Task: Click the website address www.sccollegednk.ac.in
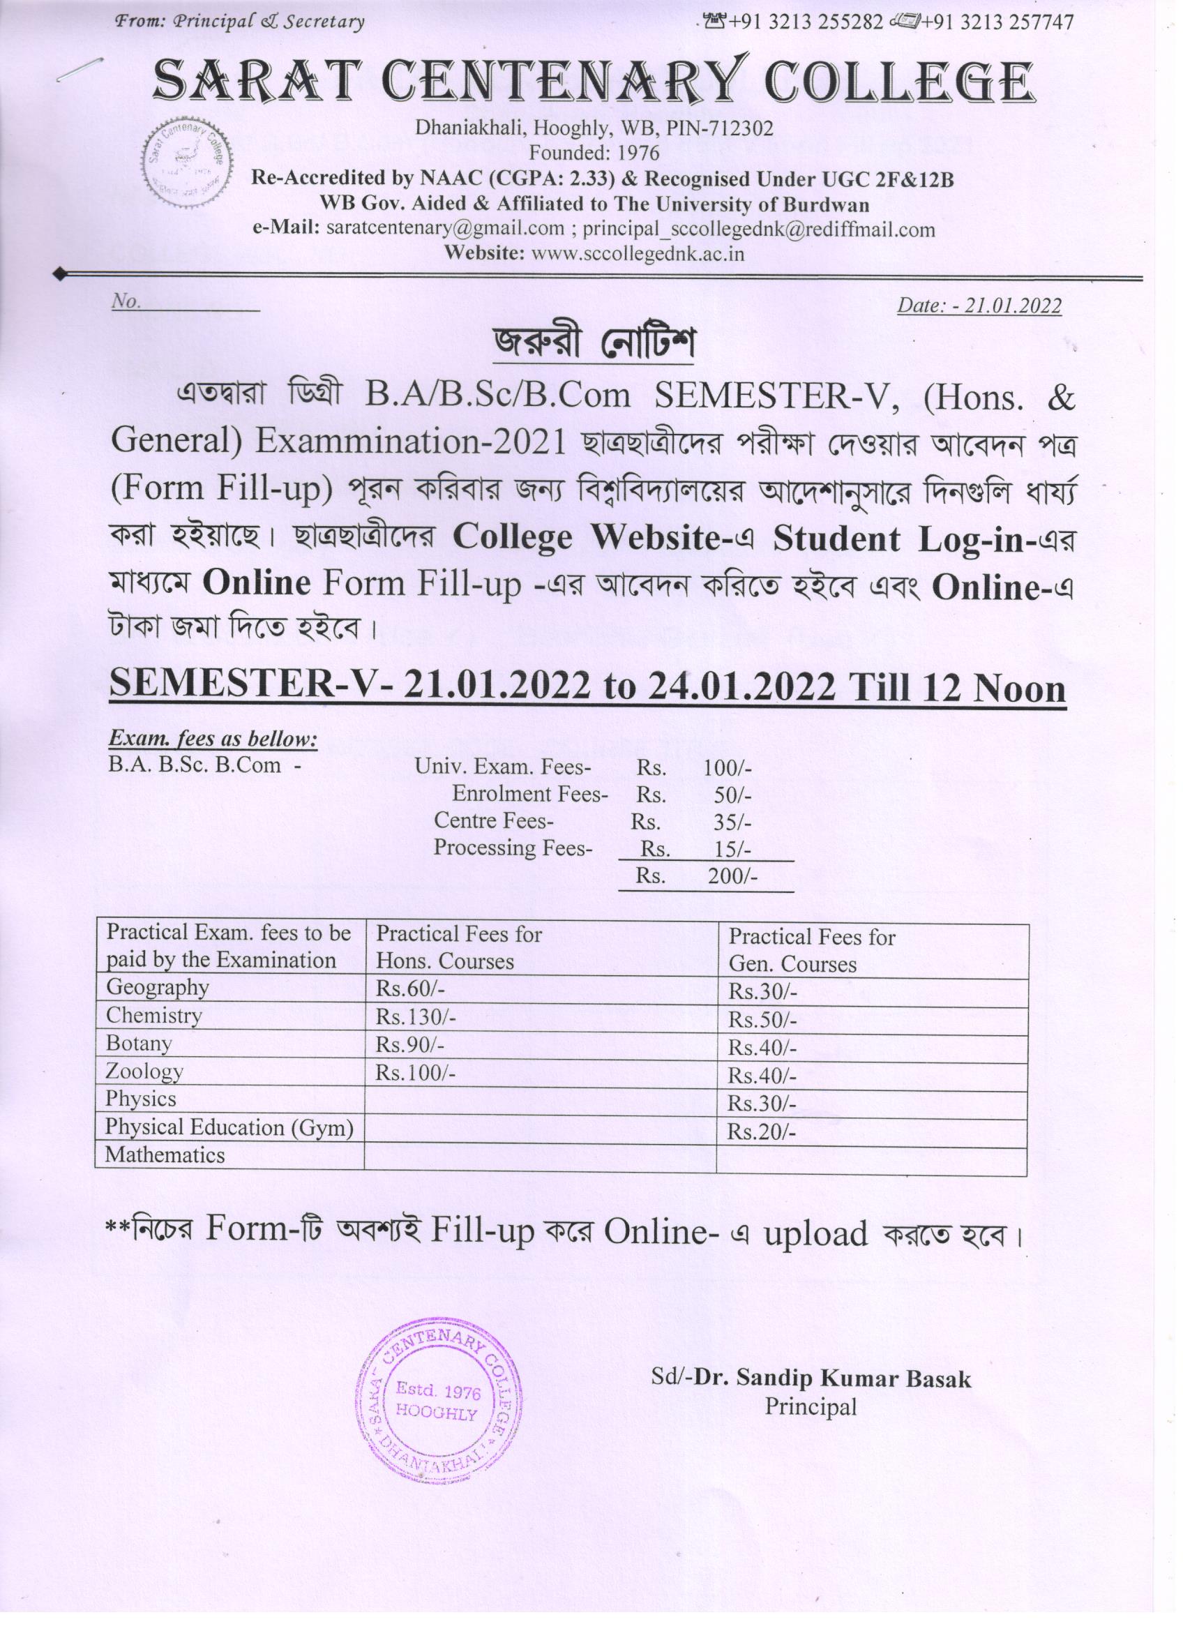click(x=636, y=254)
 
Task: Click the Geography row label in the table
click(x=158, y=987)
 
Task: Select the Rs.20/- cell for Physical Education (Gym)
click(x=762, y=1132)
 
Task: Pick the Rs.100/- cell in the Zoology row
click(x=416, y=1074)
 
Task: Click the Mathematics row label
click(x=165, y=1155)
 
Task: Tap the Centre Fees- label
click(x=493, y=820)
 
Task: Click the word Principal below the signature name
click(x=811, y=1405)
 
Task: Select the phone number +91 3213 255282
click(x=806, y=22)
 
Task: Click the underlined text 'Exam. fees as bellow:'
click(x=213, y=739)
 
